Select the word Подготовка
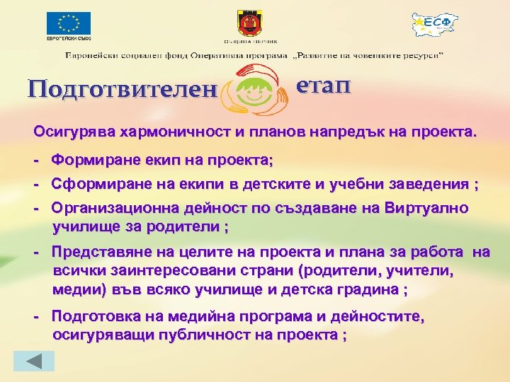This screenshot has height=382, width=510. (91, 318)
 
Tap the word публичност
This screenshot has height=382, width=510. (199, 336)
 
